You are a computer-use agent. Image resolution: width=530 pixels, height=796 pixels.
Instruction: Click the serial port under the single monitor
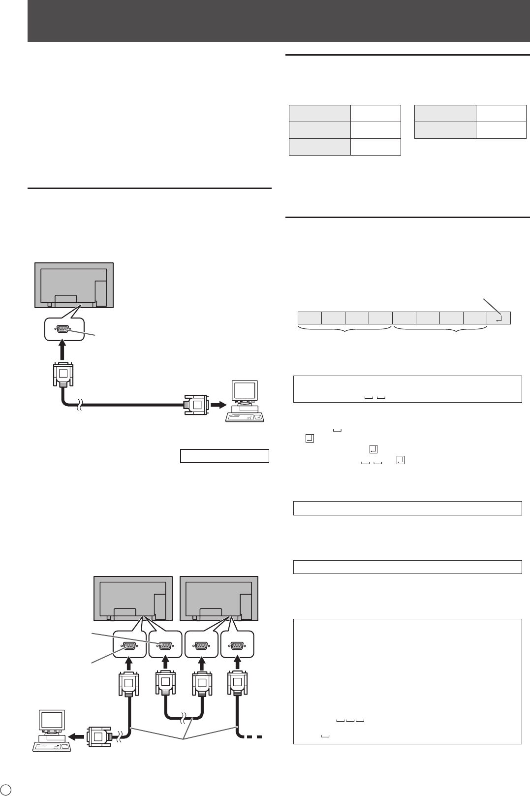[62, 329]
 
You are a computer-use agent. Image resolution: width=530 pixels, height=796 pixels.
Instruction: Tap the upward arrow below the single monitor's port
[62, 350]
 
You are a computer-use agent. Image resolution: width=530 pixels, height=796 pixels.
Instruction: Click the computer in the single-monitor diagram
[245, 401]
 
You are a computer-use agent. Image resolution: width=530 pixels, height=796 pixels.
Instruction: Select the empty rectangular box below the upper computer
[224, 456]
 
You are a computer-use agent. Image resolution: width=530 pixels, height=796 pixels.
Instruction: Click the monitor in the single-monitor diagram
[74, 285]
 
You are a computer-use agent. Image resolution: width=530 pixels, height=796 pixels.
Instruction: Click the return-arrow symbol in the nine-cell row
[499, 318]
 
